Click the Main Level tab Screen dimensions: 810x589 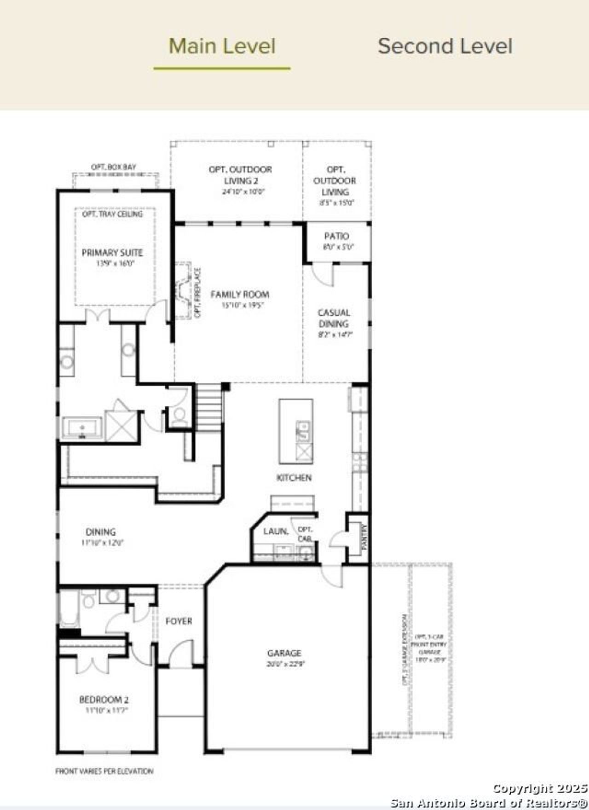[222, 46]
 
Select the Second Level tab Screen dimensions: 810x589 [445, 46]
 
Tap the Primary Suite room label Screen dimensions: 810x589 [112, 253]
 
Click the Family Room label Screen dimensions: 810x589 [240, 295]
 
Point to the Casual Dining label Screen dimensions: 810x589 [334, 318]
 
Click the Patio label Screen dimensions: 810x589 [336, 236]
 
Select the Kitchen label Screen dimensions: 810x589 [294, 478]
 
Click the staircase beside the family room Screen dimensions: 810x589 [209, 407]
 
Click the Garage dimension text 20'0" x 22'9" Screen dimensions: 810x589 [285, 664]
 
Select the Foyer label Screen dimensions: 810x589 [179, 621]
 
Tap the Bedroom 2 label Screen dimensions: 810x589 [104, 700]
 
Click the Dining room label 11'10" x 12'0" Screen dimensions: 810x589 [102, 543]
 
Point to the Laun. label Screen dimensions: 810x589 [276, 531]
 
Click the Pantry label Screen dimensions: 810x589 [364, 537]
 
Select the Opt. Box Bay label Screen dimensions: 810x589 [113, 167]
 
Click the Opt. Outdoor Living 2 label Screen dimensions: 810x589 [240, 175]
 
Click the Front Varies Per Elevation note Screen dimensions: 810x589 [104, 771]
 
